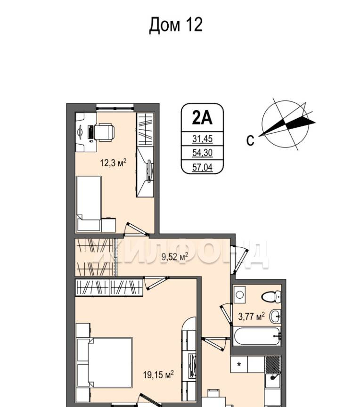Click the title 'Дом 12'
pyautogui.click(x=176, y=25)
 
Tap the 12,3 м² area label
pyautogui.click(x=113, y=163)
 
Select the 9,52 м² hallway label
pyautogui.click(x=175, y=257)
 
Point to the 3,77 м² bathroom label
pyautogui.click(x=252, y=317)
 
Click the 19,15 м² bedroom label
pyautogui.click(x=158, y=374)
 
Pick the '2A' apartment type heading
pyautogui.click(x=202, y=118)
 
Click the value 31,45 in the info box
pyautogui.click(x=203, y=139)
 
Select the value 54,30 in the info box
pyautogui.click(x=203, y=153)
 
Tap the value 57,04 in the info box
pyautogui.click(x=203, y=167)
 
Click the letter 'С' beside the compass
pyautogui.click(x=250, y=141)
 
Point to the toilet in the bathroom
pyautogui.click(x=271, y=296)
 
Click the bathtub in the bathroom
pyautogui.click(x=257, y=336)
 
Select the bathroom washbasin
pyautogui.click(x=275, y=317)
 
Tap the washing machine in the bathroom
pyautogui.click(x=239, y=294)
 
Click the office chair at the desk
pyautogui.click(x=104, y=132)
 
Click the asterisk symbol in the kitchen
pyautogui.click(x=239, y=365)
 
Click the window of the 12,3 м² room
pyautogui.click(x=115, y=107)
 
